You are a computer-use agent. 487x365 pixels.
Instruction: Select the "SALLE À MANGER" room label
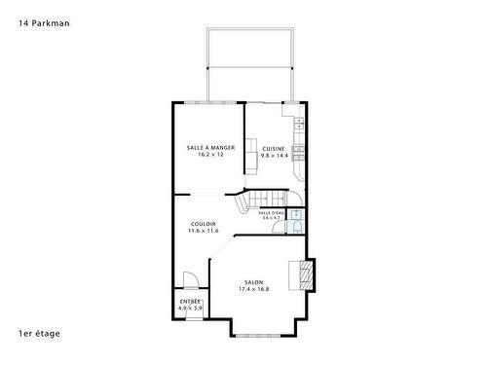point(210,148)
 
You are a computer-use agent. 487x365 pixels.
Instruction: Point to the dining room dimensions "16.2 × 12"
point(210,155)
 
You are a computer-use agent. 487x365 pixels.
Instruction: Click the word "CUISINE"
point(273,148)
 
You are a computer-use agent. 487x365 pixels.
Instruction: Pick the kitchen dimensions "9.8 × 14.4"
point(273,155)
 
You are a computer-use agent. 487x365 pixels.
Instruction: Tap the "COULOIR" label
point(204,224)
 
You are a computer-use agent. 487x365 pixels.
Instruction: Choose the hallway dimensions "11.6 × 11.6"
point(204,231)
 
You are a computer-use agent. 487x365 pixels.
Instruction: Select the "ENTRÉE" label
point(191,302)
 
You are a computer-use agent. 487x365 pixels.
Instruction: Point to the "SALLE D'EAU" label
point(272,212)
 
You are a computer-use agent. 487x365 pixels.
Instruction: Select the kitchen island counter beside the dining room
point(250,152)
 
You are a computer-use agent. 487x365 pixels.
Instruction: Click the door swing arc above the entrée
point(192,280)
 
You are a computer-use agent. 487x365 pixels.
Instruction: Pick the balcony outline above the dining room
point(249,64)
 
